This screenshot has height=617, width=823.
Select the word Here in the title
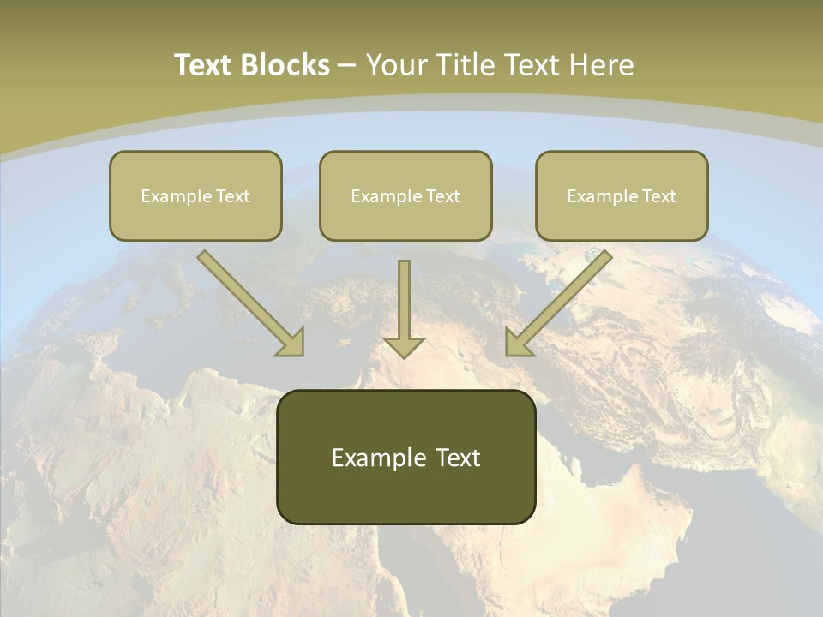[602, 65]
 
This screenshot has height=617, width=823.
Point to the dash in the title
[347, 66]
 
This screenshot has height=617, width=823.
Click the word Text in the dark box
[458, 458]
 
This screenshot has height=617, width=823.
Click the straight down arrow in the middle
[404, 308]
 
